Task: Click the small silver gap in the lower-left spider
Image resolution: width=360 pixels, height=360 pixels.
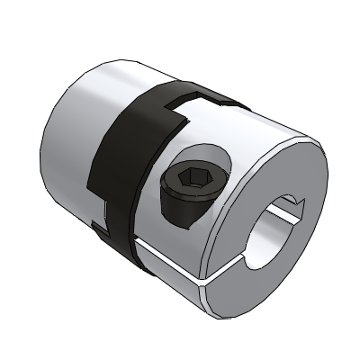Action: tap(106, 212)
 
